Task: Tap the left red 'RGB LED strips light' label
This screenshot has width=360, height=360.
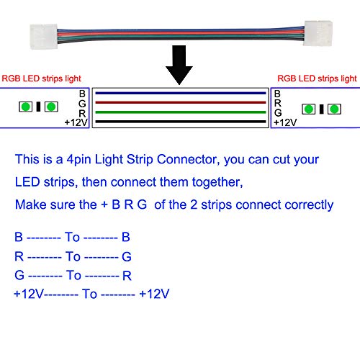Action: click(42, 78)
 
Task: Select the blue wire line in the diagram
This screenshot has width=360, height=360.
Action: click(180, 94)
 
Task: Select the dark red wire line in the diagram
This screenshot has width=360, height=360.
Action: click(180, 103)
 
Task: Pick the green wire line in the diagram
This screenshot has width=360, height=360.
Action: click(180, 113)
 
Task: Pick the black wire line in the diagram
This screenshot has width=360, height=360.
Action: click(180, 122)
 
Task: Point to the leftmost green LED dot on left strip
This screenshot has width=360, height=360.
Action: click(25, 108)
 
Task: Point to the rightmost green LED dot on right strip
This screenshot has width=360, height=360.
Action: click(334, 109)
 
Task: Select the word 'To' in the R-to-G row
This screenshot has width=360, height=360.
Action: click(73, 256)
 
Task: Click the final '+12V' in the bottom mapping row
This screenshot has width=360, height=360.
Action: click(155, 294)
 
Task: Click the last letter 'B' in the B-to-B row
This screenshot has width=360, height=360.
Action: click(125, 236)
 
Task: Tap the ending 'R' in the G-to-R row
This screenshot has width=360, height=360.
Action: click(126, 275)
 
